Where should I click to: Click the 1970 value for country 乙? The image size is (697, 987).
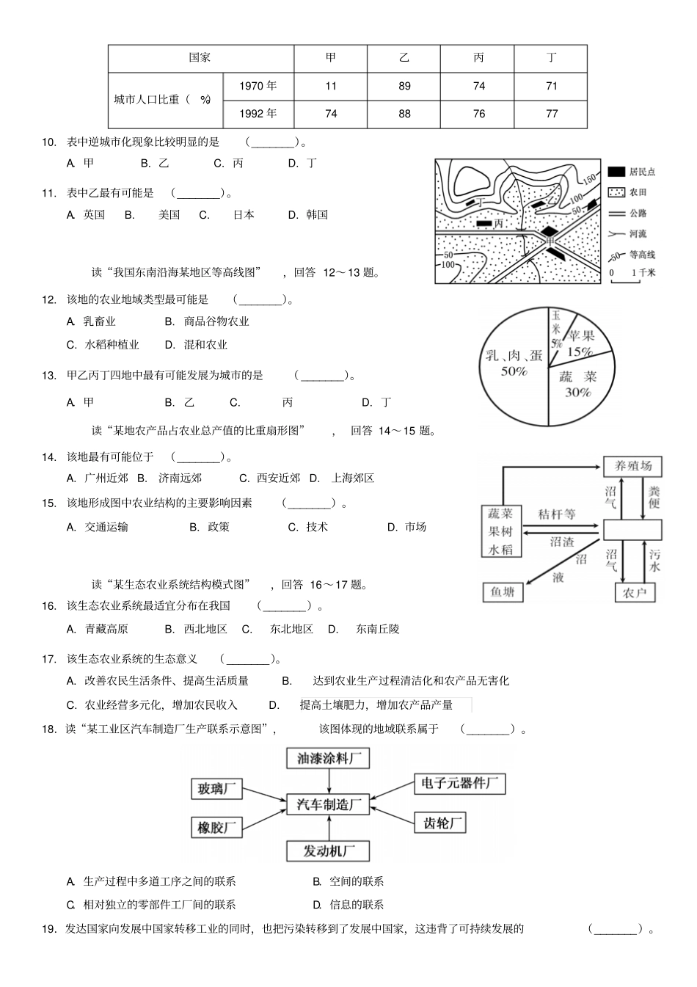pyautogui.click(x=404, y=86)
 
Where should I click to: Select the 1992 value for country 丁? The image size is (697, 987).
pyautogui.click(x=552, y=114)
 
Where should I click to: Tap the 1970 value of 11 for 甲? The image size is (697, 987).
pyautogui.click(x=331, y=86)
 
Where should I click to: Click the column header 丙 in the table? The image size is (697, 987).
pyautogui.click(x=478, y=58)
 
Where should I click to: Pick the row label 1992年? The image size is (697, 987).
pyautogui.click(x=258, y=114)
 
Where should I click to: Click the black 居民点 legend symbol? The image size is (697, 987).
pyautogui.click(x=616, y=172)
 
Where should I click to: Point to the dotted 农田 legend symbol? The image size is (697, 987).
pyautogui.click(x=616, y=192)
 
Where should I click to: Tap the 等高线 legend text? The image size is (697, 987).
pyautogui.click(x=642, y=255)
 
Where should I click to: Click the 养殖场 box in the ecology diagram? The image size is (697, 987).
pyautogui.click(x=632, y=465)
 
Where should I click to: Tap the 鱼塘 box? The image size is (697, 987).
pyautogui.click(x=503, y=591)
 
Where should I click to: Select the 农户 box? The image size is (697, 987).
pyautogui.click(x=634, y=592)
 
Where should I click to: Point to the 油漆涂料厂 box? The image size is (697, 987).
pyautogui.click(x=328, y=758)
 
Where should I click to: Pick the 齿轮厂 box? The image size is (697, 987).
pyautogui.click(x=440, y=823)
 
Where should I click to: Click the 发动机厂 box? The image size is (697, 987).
pyautogui.click(x=328, y=851)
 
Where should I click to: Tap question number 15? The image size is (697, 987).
pyautogui.click(x=49, y=503)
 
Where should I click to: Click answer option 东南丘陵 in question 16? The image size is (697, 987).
pyautogui.click(x=378, y=629)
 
